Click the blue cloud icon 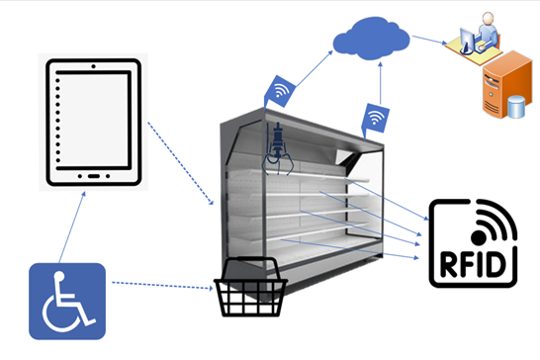click(x=371, y=39)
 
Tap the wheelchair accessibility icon click(x=67, y=301)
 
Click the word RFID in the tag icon click(x=473, y=265)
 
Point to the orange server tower click(x=506, y=84)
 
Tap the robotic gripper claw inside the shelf click(x=278, y=148)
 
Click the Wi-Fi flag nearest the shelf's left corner click(x=280, y=92)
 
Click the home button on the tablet click(x=94, y=176)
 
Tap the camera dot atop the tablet click(x=93, y=66)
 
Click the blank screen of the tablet click(x=93, y=121)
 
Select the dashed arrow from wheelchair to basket click(x=162, y=285)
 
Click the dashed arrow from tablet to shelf click(x=181, y=163)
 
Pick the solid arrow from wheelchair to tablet click(x=72, y=227)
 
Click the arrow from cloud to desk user click(x=429, y=40)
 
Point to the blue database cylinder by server click(x=516, y=108)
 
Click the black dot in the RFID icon click(x=479, y=237)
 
